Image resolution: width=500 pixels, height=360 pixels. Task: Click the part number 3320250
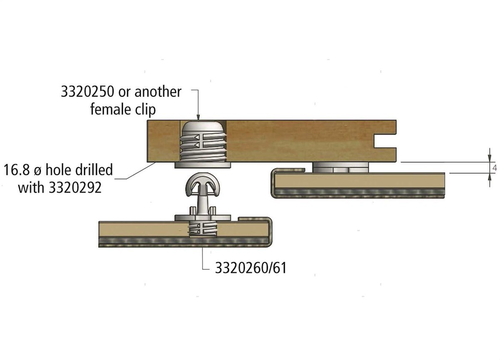tap(87, 92)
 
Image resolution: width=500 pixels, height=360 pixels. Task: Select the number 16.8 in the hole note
tap(17, 170)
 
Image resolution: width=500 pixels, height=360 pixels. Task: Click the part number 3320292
tap(75, 187)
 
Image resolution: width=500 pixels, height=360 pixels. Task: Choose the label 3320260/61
tap(251, 268)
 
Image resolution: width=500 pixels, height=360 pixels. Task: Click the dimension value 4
tap(495, 167)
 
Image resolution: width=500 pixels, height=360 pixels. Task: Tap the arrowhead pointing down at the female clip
tap(198, 117)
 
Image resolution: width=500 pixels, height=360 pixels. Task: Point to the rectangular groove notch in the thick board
tap(385, 141)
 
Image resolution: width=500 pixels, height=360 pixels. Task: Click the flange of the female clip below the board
tap(202, 165)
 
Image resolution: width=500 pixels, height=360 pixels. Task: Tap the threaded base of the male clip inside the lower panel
tap(202, 229)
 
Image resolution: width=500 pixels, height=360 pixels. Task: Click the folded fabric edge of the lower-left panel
tap(270, 232)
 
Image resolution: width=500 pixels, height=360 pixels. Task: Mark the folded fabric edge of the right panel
tap(273, 183)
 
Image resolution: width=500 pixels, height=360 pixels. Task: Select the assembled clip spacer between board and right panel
tap(340, 167)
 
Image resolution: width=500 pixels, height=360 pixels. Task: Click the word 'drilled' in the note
tap(94, 170)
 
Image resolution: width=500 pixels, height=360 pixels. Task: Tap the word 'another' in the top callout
tap(158, 92)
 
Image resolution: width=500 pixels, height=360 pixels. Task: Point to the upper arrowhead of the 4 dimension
tap(490, 159)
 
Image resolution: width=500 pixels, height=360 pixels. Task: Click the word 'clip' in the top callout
tap(145, 110)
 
